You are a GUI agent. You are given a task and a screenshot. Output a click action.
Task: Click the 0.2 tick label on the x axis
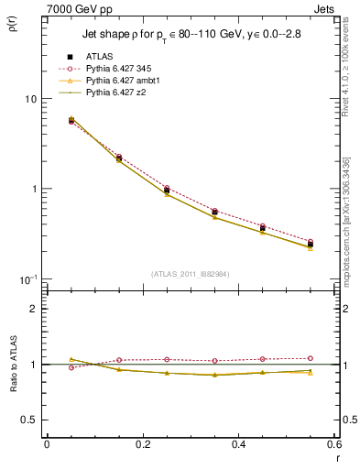(x=141, y=444)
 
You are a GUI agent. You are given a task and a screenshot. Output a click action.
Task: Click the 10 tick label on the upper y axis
(x=29, y=99)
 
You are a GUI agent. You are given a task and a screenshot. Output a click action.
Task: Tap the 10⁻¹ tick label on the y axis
(x=27, y=278)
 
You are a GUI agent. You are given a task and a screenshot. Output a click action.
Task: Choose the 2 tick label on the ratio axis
(x=34, y=309)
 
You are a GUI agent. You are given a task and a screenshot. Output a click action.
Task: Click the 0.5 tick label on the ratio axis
(x=30, y=420)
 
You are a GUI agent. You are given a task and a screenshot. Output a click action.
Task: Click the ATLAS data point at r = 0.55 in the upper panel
(x=311, y=245)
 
